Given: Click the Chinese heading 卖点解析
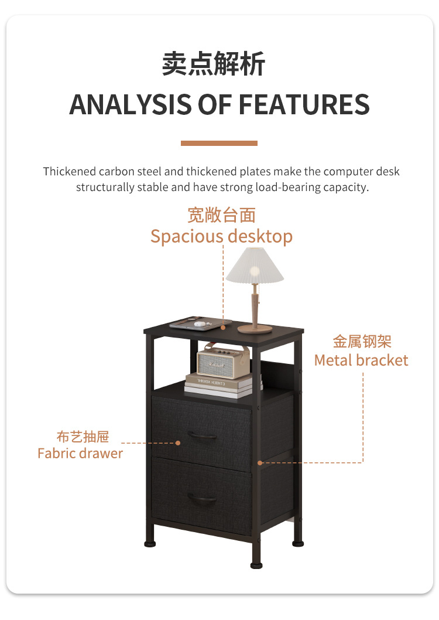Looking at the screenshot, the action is click(x=214, y=63).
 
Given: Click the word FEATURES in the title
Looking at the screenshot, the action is click(x=304, y=104).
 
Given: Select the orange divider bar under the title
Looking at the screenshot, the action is click(x=219, y=143).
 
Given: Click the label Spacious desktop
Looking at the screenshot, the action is click(x=221, y=236).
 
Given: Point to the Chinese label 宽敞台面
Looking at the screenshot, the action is click(x=221, y=215).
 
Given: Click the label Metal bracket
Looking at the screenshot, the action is click(x=361, y=360).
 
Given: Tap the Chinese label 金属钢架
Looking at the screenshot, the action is click(x=362, y=341).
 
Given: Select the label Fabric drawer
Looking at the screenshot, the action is click(x=80, y=453).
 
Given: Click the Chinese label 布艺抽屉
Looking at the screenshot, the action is click(x=83, y=437).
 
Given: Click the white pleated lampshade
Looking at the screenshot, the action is click(x=255, y=265).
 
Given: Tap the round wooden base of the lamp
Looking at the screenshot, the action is click(x=255, y=329).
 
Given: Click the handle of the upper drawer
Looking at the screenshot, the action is click(x=202, y=435).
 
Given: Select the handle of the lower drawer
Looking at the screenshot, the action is click(x=202, y=499).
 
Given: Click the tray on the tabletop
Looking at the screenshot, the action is click(x=200, y=322).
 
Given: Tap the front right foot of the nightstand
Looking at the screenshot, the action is click(x=257, y=564).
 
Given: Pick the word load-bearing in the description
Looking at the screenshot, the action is click(x=284, y=188).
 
